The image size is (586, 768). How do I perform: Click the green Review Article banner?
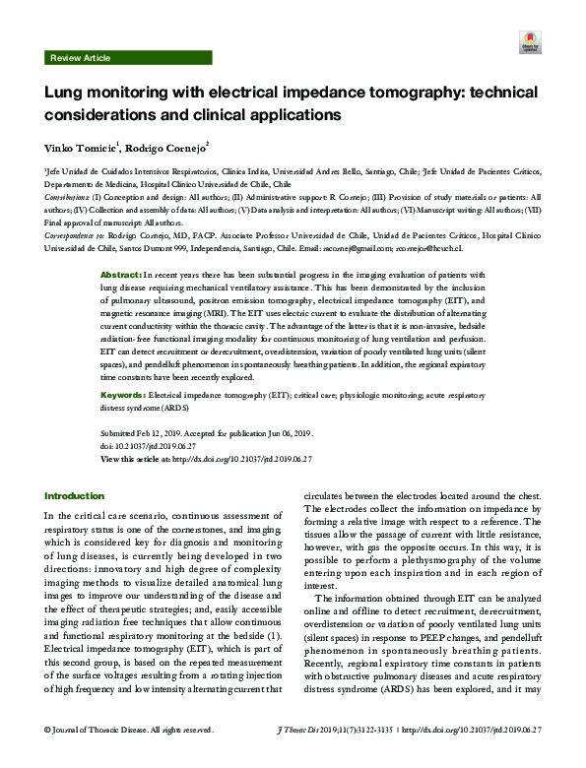pos(81,59)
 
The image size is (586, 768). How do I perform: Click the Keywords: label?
pos(125,393)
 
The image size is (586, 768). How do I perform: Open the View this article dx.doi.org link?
pos(252,459)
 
